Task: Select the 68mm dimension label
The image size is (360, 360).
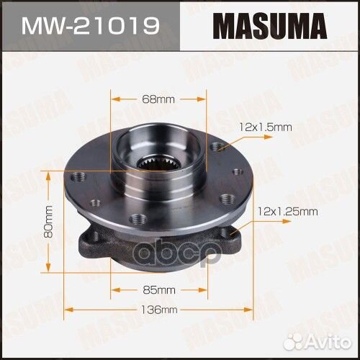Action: coord(158,98)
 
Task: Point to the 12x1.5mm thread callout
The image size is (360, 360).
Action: coord(266,127)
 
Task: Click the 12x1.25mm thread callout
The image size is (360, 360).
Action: coord(287,211)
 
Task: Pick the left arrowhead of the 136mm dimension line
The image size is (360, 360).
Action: coord(66,310)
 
